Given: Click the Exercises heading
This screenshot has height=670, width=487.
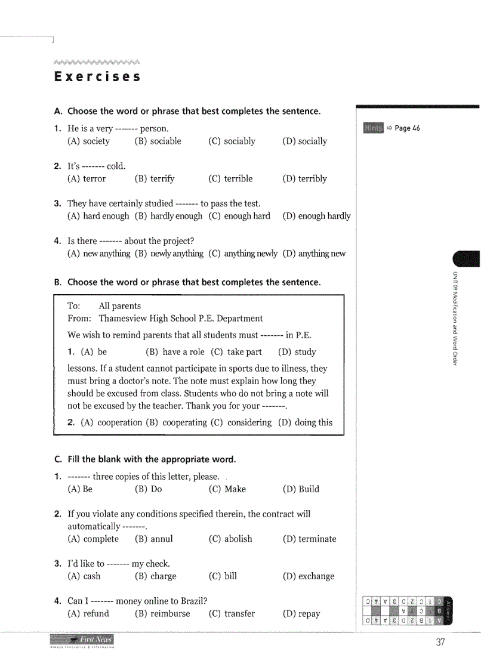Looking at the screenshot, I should [x=97, y=77].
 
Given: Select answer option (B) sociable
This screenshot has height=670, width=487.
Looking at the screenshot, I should [x=158, y=141].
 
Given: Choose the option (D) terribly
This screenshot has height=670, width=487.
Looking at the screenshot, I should [x=304, y=179].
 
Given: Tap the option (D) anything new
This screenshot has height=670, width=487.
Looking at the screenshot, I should [x=314, y=254].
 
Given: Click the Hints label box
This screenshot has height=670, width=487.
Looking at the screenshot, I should [x=373, y=128].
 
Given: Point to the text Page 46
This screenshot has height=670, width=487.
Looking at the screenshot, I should [x=407, y=128].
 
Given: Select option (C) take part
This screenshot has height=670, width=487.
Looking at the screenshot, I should [x=236, y=352].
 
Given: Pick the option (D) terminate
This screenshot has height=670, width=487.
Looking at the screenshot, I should [x=309, y=539].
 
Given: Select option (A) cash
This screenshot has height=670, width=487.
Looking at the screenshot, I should [x=84, y=576].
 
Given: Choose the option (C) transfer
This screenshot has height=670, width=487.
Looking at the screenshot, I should [x=232, y=614].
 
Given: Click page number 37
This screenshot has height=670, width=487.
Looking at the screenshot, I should [x=440, y=643].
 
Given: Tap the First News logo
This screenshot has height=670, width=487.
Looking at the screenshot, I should [x=82, y=641].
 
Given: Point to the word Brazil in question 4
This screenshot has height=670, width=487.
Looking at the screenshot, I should [x=191, y=601].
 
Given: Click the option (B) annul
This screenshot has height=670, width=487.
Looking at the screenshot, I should [x=154, y=539].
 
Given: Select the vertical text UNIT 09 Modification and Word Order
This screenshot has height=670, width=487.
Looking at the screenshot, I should [x=455, y=319].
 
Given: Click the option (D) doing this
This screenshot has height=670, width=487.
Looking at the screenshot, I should [x=305, y=422].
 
